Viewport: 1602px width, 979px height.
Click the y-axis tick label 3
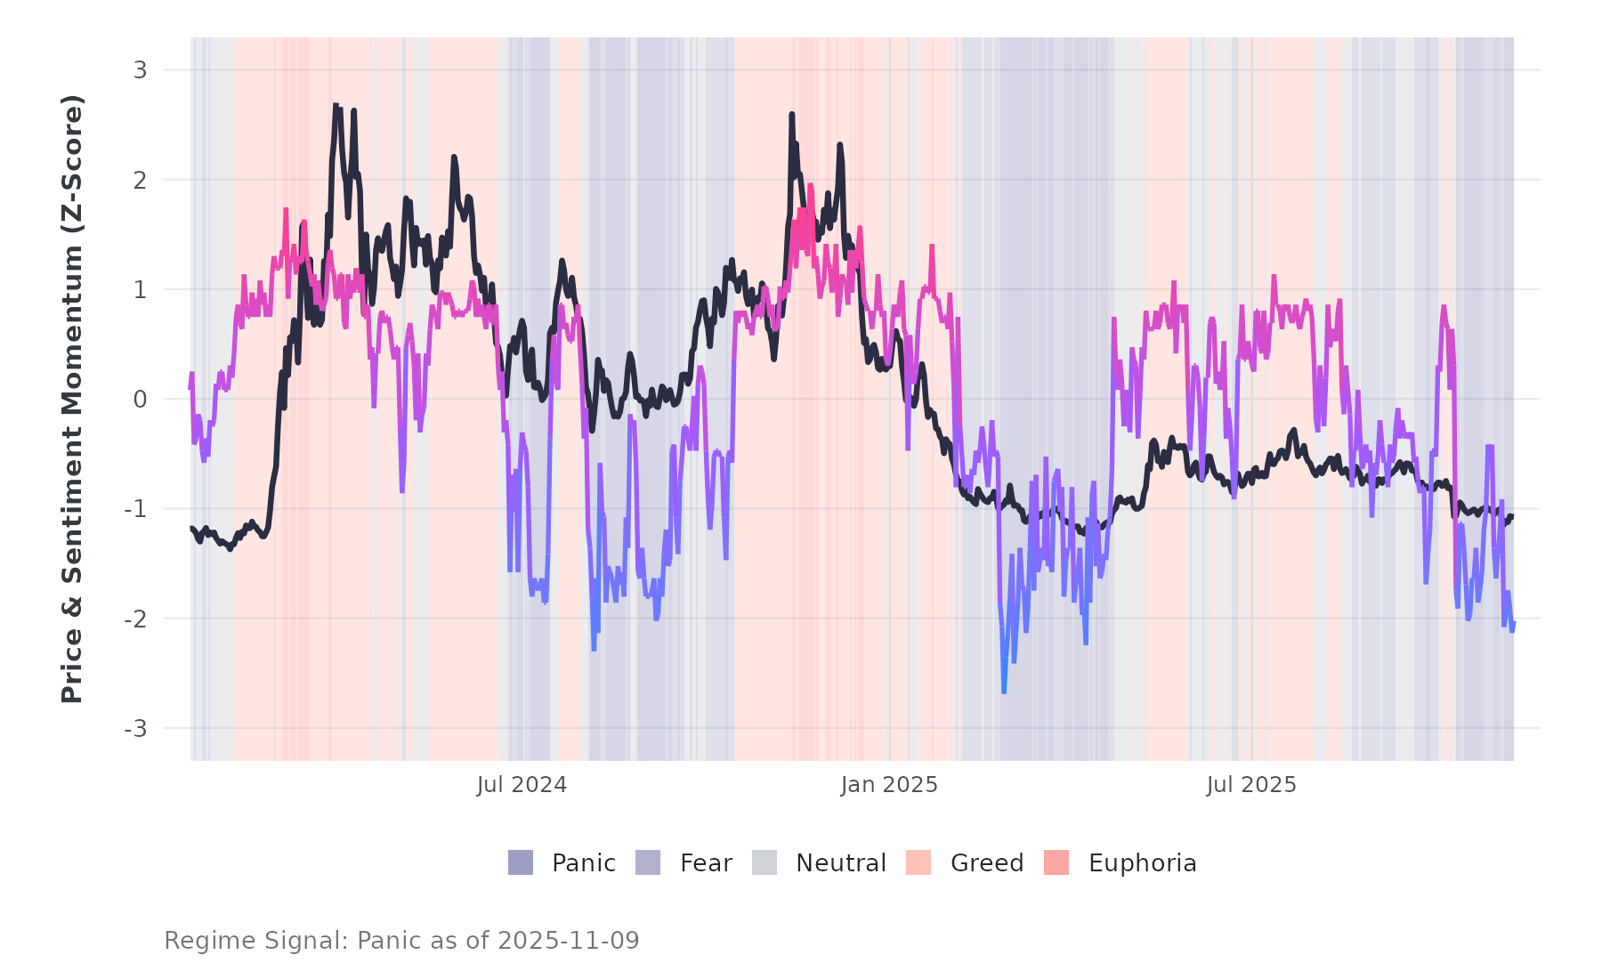pos(140,70)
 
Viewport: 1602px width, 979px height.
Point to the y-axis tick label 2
pos(140,180)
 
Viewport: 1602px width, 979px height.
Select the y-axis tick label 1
pos(140,289)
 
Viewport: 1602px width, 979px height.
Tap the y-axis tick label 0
pos(140,400)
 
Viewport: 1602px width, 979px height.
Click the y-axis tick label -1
pos(135,509)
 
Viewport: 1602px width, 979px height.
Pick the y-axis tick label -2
pos(135,619)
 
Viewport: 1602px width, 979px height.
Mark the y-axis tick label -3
pos(135,729)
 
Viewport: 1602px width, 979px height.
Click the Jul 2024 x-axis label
pos(522,785)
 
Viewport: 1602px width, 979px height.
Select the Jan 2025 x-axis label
pos(889,785)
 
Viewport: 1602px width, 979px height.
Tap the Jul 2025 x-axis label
pos(1251,785)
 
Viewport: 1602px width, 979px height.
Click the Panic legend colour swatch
pos(521,862)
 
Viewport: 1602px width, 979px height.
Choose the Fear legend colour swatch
pos(648,862)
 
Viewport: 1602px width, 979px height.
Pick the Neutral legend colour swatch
pos(765,862)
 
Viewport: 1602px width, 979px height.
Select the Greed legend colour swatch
pos(918,862)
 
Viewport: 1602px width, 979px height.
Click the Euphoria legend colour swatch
pos(1056,862)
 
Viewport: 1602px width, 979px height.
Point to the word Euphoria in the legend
pos(1142,863)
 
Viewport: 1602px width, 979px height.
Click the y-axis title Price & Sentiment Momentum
pos(72,398)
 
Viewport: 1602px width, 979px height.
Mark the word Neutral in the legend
pos(840,863)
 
